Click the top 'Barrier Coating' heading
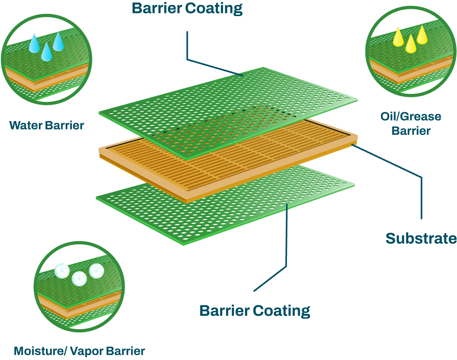click(187, 8)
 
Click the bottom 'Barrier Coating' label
click(254, 310)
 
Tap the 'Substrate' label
click(421, 239)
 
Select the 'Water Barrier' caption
click(47, 125)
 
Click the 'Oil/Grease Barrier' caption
click(411, 124)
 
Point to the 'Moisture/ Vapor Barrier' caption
click(79, 351)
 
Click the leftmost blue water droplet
click(34, 44)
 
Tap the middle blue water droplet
click(46, 52)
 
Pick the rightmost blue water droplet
click(58, 42)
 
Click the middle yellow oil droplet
click(410, 45)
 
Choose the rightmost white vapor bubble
click(96, 270)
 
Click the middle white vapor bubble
click(79, 278)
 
